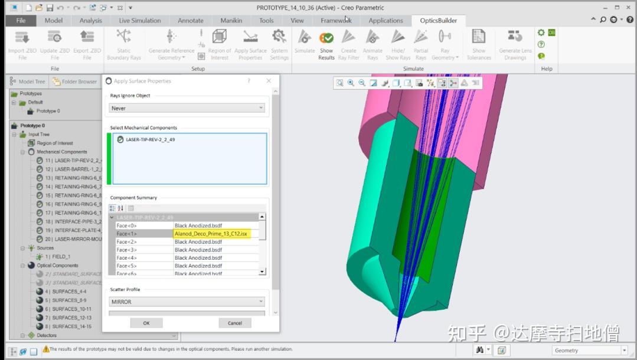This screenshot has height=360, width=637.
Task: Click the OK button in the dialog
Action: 146,323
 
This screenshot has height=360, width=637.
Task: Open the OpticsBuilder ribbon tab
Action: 438,20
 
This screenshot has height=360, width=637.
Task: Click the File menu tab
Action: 21,20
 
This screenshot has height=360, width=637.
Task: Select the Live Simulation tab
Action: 139,20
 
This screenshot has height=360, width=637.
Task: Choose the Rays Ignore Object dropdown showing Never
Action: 187,108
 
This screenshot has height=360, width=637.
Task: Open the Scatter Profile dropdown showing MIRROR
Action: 187,302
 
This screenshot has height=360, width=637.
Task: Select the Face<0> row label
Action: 126,225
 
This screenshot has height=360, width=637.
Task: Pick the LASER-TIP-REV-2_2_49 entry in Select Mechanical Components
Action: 150,140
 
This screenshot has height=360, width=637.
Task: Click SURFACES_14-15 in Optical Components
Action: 71,326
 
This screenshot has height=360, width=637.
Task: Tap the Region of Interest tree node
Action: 55,143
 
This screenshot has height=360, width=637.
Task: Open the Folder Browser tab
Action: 79,81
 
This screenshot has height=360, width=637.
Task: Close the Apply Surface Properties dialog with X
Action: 269,81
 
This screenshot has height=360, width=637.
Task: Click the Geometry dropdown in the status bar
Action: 589,351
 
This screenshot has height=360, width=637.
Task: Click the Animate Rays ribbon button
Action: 372,45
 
